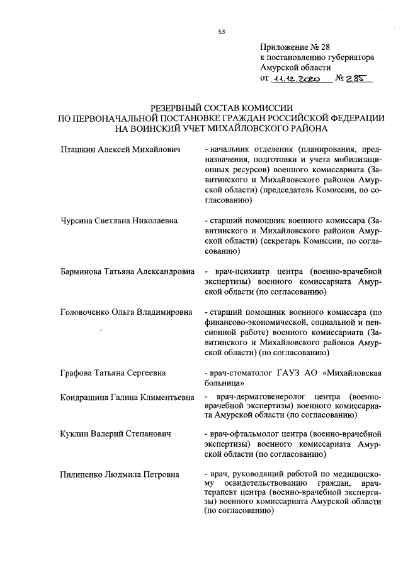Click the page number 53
(x=221, y=31)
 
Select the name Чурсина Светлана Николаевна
(x=118, y=221)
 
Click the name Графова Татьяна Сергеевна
(x=113, y=373)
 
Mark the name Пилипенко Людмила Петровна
(x=119, y=474)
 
